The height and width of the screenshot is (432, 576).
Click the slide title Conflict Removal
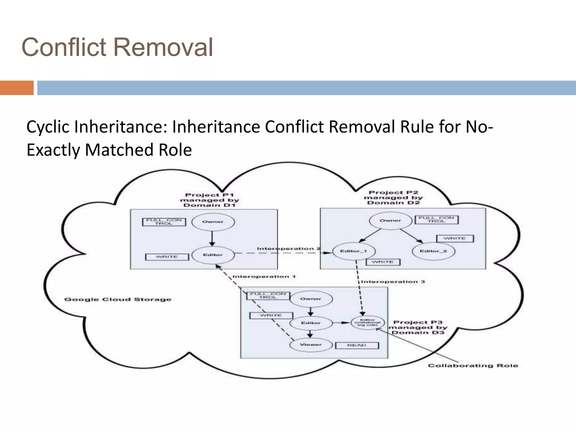tap(117, 47)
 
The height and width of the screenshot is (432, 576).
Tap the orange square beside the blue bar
tap(17, 88)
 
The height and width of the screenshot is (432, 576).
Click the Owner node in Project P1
tap(213, 222)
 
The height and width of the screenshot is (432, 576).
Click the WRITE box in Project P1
tap(167, 257)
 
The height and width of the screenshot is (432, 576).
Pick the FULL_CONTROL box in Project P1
tap(164, 222)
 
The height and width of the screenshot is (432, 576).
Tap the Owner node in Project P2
tap(390, 220)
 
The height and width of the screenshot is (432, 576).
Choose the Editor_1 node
tap(354, 251)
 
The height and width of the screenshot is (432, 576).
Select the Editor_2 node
tap(433, 251)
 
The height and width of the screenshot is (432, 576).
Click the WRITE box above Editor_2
tap(455, 238)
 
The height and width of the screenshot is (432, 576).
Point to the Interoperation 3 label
tap(393, 282)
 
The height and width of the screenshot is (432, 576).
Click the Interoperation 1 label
tap(264, 277)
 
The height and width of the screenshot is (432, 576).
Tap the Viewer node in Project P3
tap(311, 345)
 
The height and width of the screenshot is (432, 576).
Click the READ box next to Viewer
tap(357, 345)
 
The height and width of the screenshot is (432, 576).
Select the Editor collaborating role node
tap(368, 323)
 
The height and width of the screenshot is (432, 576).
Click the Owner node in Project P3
tap(311, 299)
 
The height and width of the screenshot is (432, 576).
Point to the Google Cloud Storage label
tap(118, 300)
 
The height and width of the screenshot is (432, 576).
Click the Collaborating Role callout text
tap(473, 366)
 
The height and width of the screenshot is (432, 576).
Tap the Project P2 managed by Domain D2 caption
tap(393, 197)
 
